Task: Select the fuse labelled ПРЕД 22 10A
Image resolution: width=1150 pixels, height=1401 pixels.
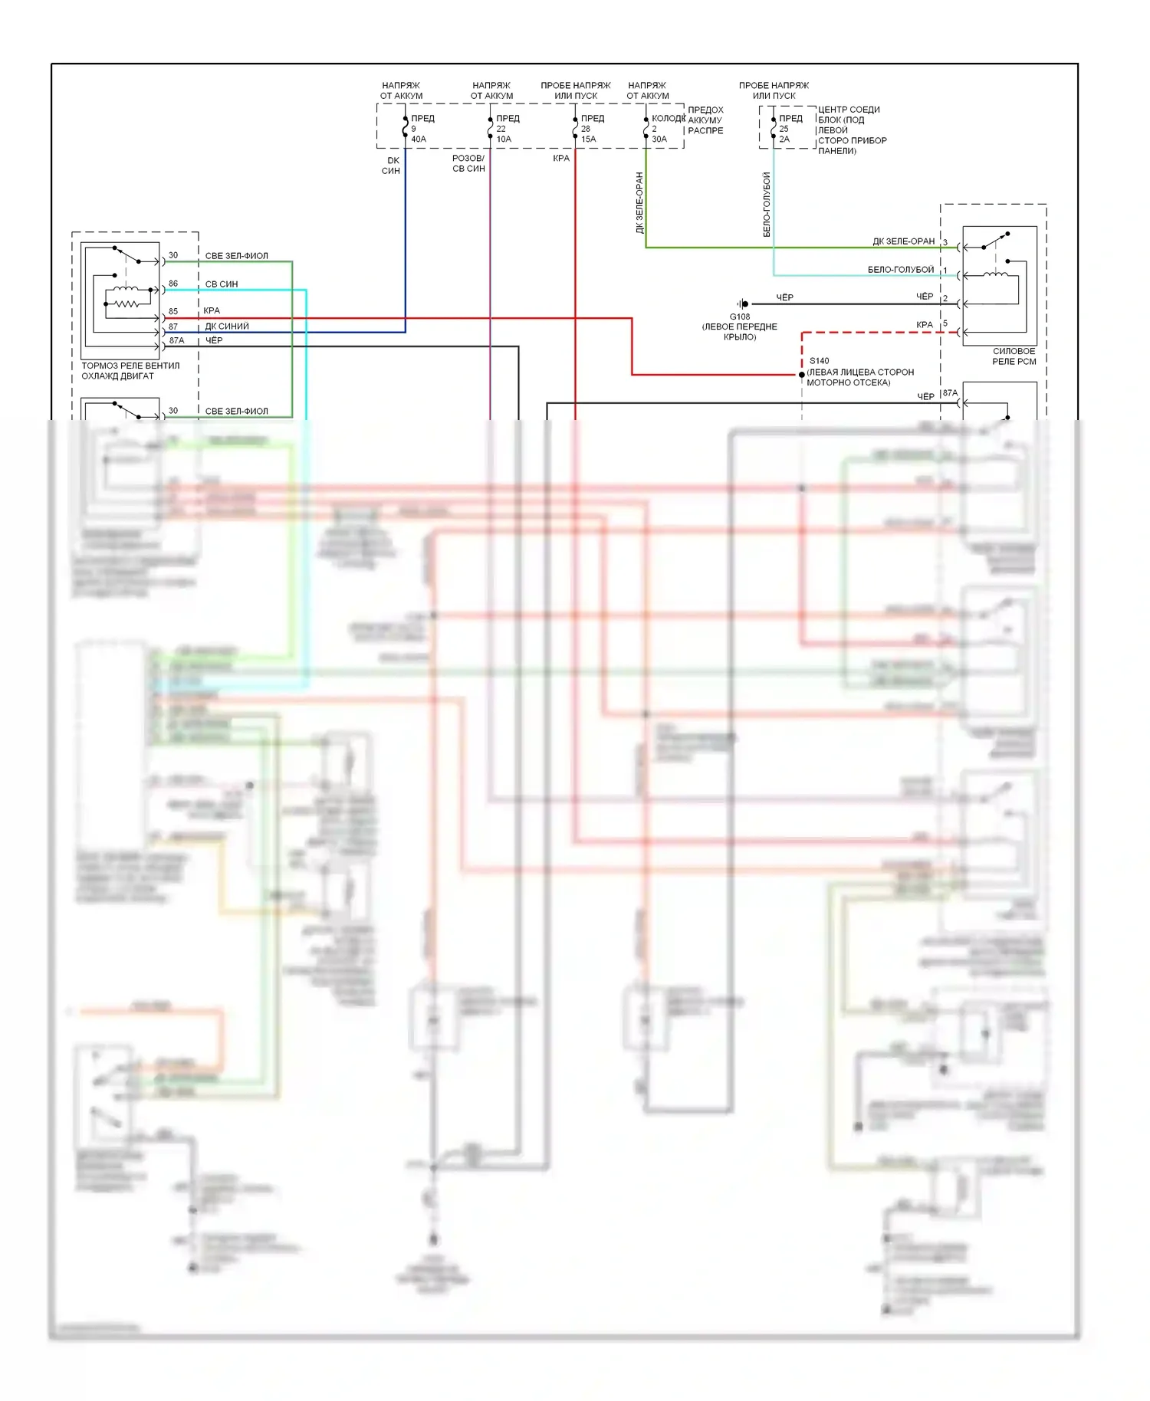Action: (506, 129)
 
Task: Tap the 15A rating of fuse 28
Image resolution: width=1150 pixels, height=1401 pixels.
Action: (588, 139)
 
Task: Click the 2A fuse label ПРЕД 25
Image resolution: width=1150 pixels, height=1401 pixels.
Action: (790, 129)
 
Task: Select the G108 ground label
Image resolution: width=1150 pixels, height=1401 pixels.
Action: (739, 317)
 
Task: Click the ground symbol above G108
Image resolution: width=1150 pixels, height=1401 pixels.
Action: (743, 304)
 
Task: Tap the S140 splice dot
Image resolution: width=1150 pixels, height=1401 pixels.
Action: (802, 375)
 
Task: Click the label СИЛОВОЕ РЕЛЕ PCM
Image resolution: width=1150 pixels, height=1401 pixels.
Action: (1014, 356)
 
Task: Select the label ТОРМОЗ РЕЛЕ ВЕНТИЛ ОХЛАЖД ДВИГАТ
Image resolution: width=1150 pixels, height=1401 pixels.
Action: (130, 371)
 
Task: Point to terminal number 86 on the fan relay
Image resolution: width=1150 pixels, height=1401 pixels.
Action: (173, 284)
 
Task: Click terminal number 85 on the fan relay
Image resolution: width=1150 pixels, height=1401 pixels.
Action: (173, 311)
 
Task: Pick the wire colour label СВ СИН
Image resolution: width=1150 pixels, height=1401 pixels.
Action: (222, 284)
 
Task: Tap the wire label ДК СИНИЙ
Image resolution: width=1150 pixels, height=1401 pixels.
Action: (227, 326)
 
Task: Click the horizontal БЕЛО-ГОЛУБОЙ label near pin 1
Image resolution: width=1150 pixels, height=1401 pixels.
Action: (900, 270)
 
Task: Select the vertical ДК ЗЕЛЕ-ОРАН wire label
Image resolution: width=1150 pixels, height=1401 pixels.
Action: (640, 202)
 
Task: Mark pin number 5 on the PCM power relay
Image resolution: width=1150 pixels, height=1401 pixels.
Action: (945, 323)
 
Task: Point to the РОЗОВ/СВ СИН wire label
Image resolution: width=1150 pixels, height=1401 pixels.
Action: (468, 163)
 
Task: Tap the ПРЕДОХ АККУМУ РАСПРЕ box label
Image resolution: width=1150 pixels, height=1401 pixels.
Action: (705, 120)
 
